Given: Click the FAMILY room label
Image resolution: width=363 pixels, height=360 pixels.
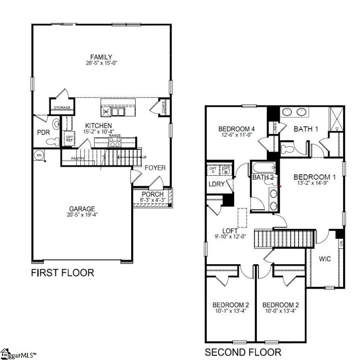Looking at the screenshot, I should [101, 57].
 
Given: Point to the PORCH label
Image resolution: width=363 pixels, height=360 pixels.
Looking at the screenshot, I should [152, 194].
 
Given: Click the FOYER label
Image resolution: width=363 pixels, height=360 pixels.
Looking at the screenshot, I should [155, 168].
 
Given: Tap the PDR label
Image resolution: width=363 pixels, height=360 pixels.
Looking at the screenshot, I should [44, 133].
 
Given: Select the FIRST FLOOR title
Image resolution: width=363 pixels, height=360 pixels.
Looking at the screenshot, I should [62, 273].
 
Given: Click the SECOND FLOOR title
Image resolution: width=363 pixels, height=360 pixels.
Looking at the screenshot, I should [243, 352].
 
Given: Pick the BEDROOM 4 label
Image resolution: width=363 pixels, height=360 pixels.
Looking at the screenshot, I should [236, 128].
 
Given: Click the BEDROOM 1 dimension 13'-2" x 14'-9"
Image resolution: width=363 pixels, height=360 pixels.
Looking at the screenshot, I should [314, 184].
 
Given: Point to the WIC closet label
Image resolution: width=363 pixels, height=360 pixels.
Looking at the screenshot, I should [325, 259].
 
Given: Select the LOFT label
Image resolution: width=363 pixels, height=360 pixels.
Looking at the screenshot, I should [231, 231].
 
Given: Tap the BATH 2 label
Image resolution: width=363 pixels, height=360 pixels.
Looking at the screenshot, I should [263, 177].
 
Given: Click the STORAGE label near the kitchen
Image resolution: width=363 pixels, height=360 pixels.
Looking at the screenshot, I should [62, 108].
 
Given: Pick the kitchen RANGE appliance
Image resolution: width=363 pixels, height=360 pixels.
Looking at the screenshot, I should [114, 141].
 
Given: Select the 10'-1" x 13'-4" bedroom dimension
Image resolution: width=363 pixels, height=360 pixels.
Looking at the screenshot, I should [231, 311].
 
